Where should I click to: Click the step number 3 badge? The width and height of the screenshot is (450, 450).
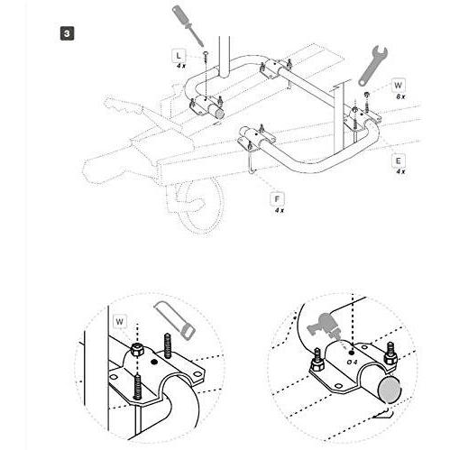[67, 33]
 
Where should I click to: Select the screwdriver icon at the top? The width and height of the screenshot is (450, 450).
[188, 26]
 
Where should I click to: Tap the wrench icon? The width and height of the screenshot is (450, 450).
[372, 66]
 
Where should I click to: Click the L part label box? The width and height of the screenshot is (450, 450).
[179, 55]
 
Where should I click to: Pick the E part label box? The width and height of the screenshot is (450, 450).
[398, 161]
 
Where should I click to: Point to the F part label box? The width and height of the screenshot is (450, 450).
[277, 199]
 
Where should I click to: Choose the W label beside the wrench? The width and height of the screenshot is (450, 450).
[398, 86]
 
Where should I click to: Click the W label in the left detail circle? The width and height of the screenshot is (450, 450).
[119, 322]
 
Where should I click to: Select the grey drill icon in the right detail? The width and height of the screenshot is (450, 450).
[324, 326]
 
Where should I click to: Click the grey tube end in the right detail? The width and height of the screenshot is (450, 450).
[390, 390]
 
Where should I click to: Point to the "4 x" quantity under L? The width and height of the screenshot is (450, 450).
[181, 66]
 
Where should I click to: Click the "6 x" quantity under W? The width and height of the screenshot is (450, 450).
[400, 96]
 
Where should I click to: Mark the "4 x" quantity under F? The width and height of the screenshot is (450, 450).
[280, 210]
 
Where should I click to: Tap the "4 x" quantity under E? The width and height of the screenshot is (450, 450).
[400, 171]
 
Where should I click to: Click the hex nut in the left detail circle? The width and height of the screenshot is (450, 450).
[137, 350]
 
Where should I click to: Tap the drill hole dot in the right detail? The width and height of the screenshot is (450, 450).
[352, 352]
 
